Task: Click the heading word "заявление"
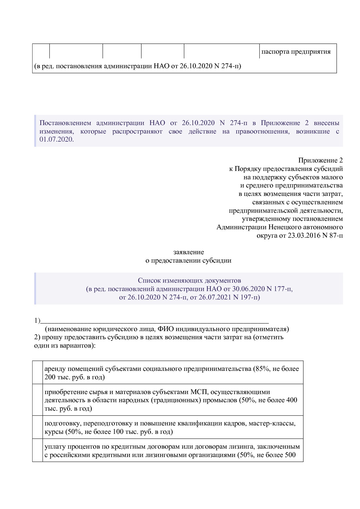(x=188, y=252)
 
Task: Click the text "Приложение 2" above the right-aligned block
(x=320, y=160)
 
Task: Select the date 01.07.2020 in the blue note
(x=57, y=140)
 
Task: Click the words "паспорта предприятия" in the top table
(x=296, y=52)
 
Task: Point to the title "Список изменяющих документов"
(x=189, y=280)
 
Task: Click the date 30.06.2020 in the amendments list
(x=249, y=289)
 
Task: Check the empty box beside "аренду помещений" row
(x=37, y=373)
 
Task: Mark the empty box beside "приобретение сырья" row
(x=37, y=400)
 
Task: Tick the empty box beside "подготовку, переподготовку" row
(x=37, y=427)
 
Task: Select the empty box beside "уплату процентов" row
(x=37, y=450)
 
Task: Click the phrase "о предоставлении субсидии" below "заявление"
(x=188, y=260)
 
